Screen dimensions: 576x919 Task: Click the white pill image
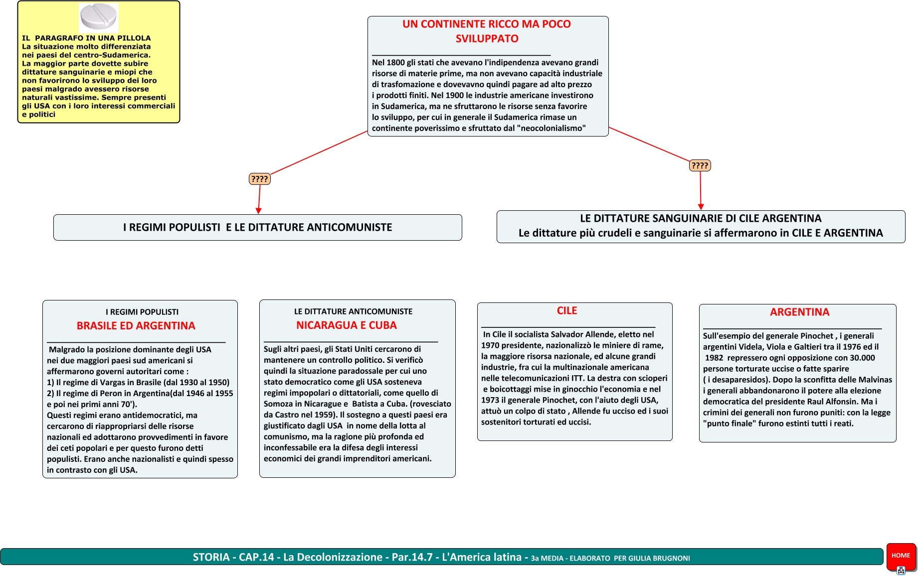point(99,17)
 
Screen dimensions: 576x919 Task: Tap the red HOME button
point(901,556)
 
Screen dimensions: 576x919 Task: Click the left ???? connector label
point(259,179)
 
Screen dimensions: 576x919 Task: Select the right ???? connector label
point(700,165)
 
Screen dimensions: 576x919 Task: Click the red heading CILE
point(567,311)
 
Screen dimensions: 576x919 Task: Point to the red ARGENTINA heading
point(799,312)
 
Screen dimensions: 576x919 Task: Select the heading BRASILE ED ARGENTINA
point(136,326)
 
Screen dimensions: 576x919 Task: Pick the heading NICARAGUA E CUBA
point(347,325)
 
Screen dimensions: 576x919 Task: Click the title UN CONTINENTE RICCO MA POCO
point(487,24)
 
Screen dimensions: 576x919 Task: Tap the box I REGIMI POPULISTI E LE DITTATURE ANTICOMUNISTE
point(257,228)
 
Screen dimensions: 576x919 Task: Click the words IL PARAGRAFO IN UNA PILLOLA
point(86,38)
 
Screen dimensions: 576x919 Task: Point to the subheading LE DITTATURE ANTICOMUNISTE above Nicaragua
point(353,311)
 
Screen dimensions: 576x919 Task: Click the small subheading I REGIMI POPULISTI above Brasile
point(142,312)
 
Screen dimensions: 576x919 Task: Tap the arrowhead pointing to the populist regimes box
point(258,211)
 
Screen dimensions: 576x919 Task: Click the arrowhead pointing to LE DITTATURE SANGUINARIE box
point(701,207)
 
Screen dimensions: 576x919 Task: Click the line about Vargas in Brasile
point(138,383)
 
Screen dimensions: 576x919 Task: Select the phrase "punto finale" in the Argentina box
point(730,424)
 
